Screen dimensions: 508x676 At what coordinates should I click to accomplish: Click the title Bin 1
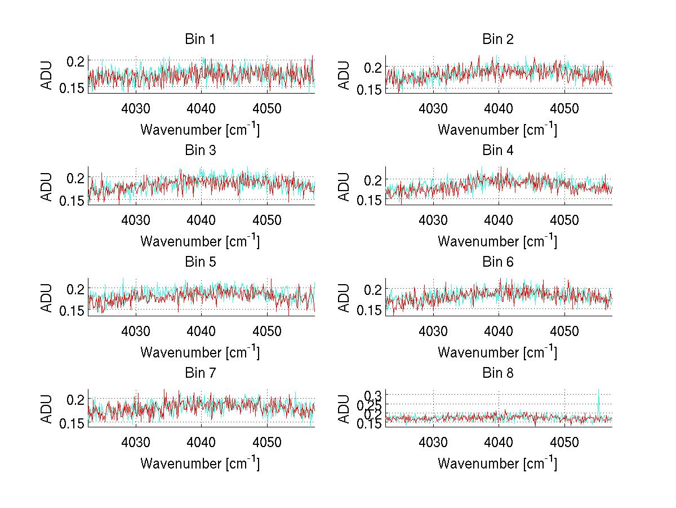pyautogui.click(x=200, y=39)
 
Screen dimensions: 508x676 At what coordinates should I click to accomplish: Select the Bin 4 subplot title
pyautogui.click(x=498, y=151)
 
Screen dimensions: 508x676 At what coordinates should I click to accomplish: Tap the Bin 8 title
pyautogui.click(x=498, y=373)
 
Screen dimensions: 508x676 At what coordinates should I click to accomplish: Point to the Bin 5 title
pyautogui.click(x=200, y=262)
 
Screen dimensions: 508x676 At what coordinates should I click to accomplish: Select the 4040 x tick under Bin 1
pyautogui.click(x=201, y=108)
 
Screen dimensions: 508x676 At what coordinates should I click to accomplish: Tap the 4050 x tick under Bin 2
pyautogui.click(x=564, y=108)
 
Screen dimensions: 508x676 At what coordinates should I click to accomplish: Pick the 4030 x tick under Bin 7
pyautogui.click(x=135, y=441)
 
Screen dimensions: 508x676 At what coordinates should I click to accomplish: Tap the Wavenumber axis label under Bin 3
pyautogui.click(x=200, y=241)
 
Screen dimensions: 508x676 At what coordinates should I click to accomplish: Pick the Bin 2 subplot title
pyautogui.click(x=498, y=39)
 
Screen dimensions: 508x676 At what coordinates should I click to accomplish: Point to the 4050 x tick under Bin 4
pyautogui.click(x=564, y=219)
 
